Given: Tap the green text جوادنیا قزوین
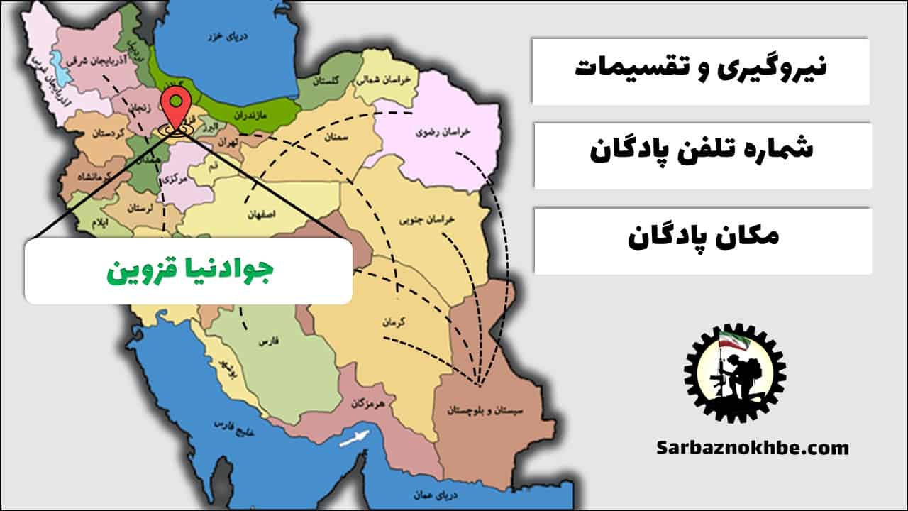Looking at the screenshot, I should click(x=189, y=271).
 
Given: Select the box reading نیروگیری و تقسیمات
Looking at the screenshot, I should click(x=700, y=70).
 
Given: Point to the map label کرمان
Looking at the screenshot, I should click(x=393, y=322).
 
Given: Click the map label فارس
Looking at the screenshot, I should click(x=267, y=342).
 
